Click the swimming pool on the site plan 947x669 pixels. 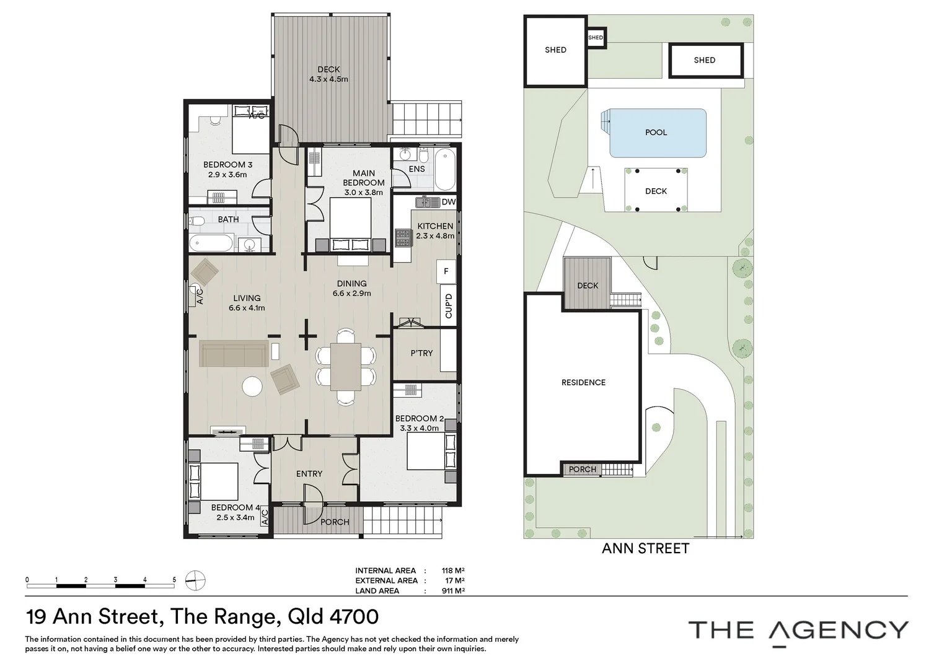tap(657, 133)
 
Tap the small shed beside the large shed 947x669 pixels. tap(596, 38)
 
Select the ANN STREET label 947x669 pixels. tap(645, 548)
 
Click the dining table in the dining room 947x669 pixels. tap(345, 366)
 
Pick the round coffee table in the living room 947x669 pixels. tap(252, 387)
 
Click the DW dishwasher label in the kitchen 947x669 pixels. tap(449, 202)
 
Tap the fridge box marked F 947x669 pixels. tap(446, 271)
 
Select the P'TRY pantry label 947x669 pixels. tap(421, 353)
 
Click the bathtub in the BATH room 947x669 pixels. tap(211, 243)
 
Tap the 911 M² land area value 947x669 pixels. tap(452, 591)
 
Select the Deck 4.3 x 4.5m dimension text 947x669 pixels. tap(328, 79)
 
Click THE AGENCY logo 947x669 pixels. tap(798, 630)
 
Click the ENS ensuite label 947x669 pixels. tap(417, 169)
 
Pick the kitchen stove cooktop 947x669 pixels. tap(403, 237)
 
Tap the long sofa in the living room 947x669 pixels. tap(234, 354)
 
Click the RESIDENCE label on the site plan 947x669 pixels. tap(583, 383)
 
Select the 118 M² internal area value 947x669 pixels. tap(452, 571)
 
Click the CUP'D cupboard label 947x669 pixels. tap(449, 306)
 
